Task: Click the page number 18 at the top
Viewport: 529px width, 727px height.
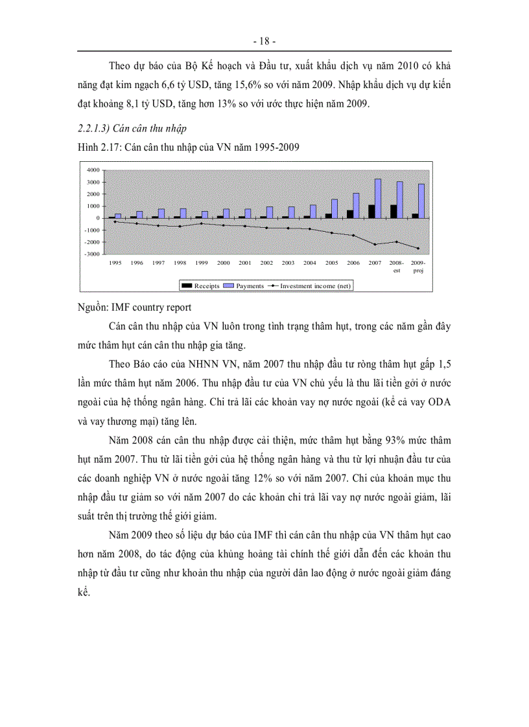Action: (x=264, y=41)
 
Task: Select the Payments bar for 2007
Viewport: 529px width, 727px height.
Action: (x=378, y=199)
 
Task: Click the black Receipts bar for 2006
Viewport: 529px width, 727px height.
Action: (x=350, y=214)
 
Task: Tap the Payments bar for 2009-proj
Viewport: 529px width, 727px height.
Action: (x=422, y=201)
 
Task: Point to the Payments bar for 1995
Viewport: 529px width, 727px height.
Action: (x=118, y=216)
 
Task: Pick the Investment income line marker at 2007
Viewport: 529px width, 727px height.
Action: (x=374, y=244)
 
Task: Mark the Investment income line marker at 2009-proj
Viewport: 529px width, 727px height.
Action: (x=418, y=248)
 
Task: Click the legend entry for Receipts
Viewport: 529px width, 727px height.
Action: (x=201, y=285)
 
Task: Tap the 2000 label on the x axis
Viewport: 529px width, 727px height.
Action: (x=224, y=263)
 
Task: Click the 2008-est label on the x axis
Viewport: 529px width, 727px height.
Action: (x=396, y=266)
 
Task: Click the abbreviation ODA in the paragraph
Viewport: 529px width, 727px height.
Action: (x=438, y=401)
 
